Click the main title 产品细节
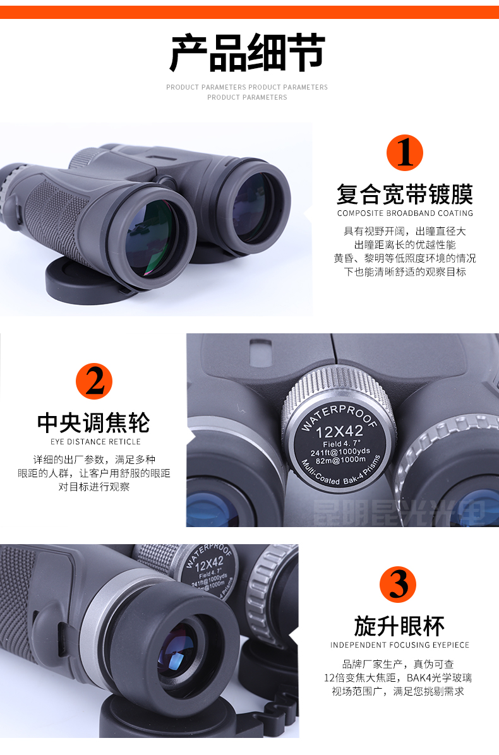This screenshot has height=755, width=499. point(248,53)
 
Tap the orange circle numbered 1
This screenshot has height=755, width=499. point(404,153)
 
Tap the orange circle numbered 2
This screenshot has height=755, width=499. point(94,381)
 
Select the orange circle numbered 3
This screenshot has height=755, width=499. point(398,585)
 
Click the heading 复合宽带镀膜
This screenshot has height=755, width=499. point(404,194)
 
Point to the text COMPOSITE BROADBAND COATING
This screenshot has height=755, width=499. point(404,213)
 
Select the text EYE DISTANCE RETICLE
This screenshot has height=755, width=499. point(95,442)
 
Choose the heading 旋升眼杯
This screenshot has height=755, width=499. point(399,626)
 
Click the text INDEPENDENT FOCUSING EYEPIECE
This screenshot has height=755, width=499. point(400,645)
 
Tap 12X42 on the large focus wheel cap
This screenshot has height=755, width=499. point(340,432)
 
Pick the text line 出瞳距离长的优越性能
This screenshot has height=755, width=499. point(404,245)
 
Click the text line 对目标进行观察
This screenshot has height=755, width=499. point(94,487)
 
